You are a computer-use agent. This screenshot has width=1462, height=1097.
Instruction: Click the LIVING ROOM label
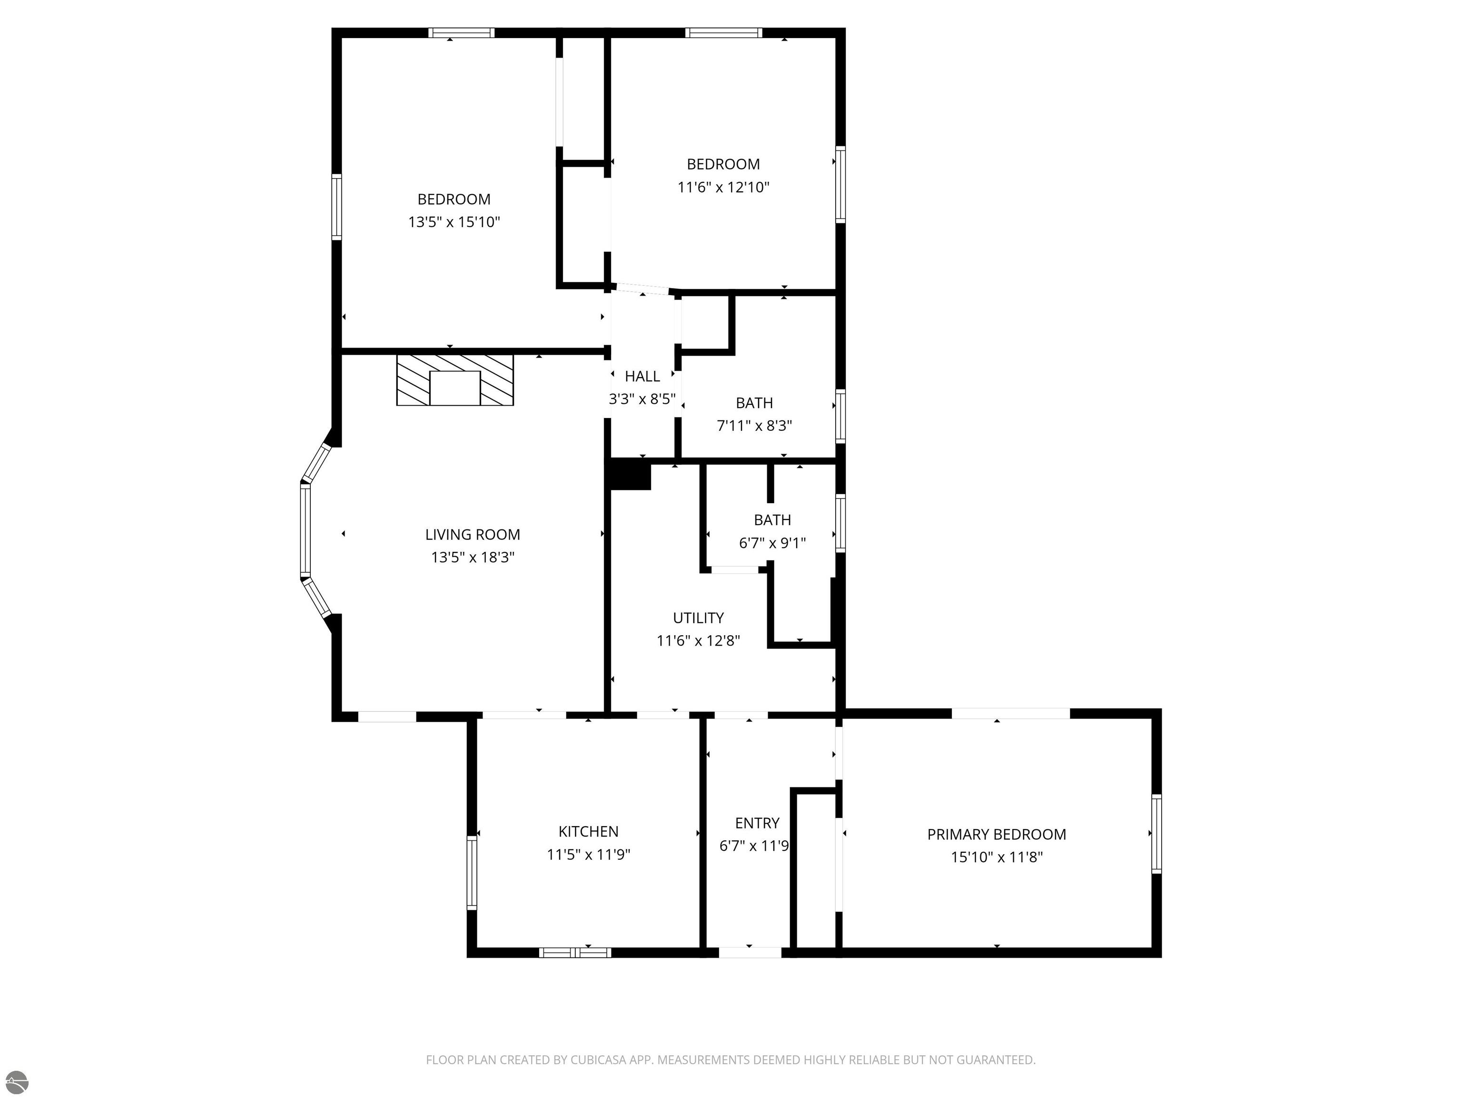(473, 534)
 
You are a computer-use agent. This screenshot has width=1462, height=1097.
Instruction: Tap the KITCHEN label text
(588, 831)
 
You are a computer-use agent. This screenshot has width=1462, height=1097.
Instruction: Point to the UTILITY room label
(698, 618)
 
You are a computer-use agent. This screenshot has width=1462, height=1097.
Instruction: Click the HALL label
(642, 376)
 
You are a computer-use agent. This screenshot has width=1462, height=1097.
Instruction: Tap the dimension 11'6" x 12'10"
(723, 187)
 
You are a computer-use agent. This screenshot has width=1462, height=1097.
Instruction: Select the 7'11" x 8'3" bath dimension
(754, 426)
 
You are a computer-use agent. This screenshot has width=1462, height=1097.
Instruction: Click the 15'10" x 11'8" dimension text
(997, 858)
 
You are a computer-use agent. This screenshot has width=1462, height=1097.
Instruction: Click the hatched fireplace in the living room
(454, 380)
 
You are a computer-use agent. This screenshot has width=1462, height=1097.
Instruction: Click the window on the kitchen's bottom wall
(575, 953)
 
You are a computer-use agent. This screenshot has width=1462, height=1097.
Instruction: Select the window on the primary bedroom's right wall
(1156, 834)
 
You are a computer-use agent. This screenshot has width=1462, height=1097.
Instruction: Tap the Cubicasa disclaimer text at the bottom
(731, 1060)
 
